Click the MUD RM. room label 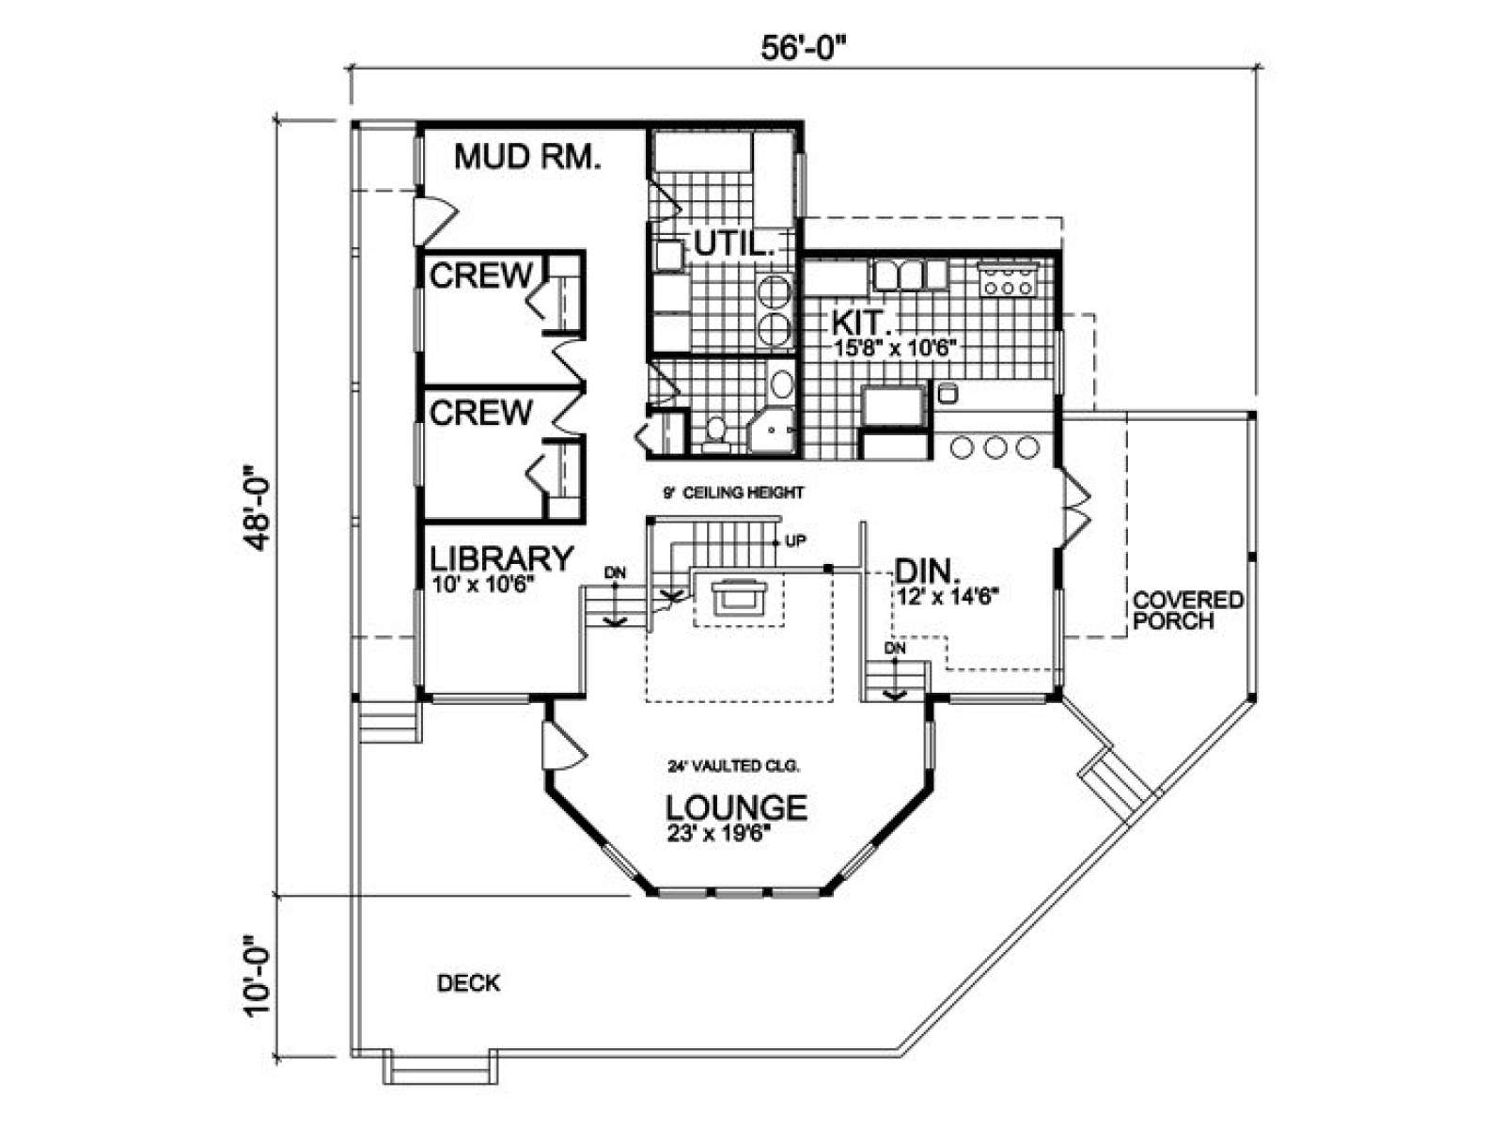click(x=527, y=157)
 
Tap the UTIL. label click(x=734, y=243)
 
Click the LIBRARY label click(x=501, y=558)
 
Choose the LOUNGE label click(x=737, y=808)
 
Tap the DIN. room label click(x=926, y=571)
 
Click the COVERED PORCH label click(x=1187, y=610)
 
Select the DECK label click(x=469, y=983)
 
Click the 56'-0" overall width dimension click(x=805, y=49)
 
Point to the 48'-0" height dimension click(x=259, y=508)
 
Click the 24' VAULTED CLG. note click(x=733, y=766)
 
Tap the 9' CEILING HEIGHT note click(x=733, y=493)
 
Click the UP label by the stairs click(x=795, y=541)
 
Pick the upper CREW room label click(x=481, y=276)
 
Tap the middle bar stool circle click(x=995, y=447)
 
